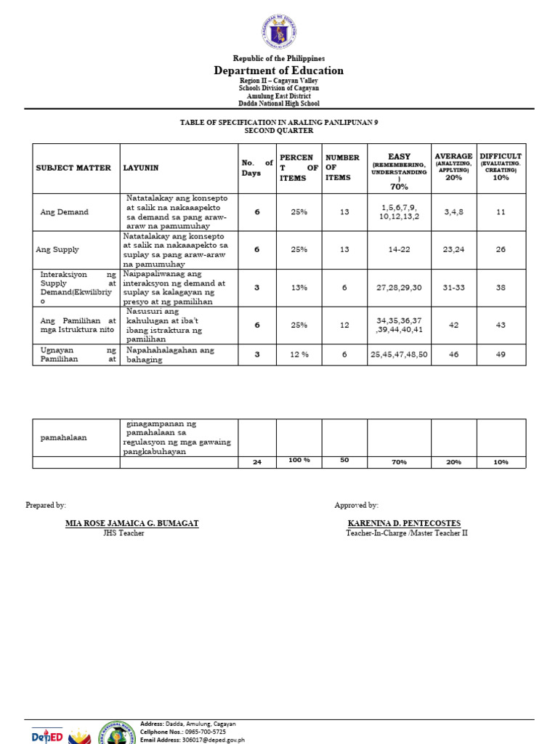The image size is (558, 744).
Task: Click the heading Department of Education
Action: (x=278, y=70)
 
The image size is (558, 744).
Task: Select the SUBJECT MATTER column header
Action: (x=73, y=168)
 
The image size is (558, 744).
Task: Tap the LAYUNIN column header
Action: (x=141, y=168)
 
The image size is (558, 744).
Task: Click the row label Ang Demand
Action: (x=64, y=212)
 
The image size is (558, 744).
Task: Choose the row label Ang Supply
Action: (x=57, y=249)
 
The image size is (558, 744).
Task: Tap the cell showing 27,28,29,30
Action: (x=399, y=288)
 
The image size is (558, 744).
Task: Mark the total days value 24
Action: (x=256, y=462)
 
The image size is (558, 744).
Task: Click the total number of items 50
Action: (x=344, y=461)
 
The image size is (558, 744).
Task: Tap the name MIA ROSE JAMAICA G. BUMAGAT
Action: (x=132, y=524)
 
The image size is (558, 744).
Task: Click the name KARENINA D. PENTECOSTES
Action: (x=404, y=524)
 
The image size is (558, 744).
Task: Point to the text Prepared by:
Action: (x=46, y=505)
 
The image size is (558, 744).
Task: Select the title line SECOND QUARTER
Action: (x=279, y=131)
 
